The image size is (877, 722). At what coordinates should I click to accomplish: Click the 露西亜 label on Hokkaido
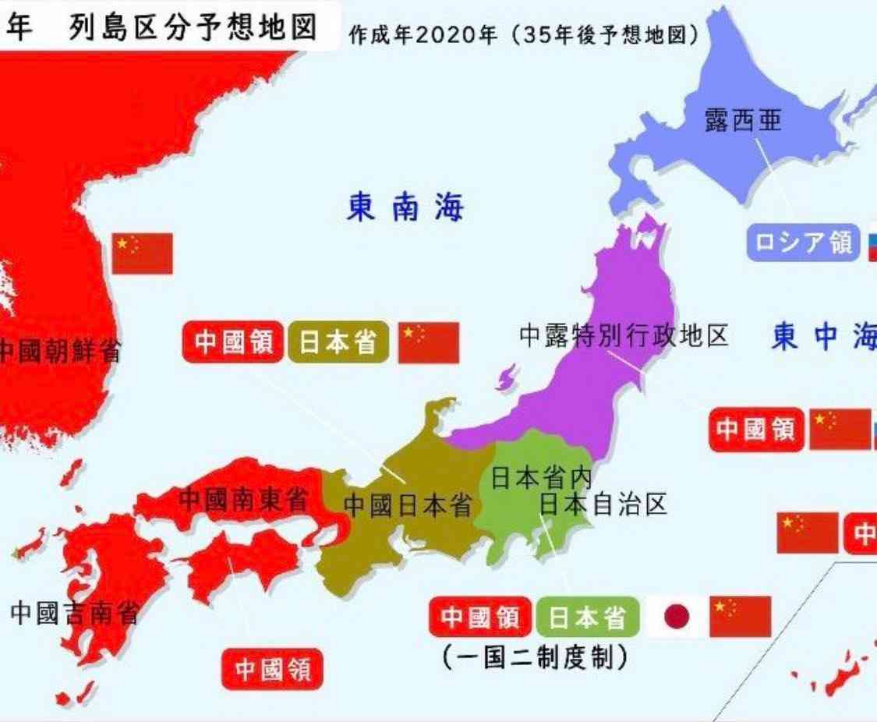(x=742, y=121)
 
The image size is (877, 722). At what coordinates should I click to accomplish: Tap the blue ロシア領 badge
(x=803, y=242)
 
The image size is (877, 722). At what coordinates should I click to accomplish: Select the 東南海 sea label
(x=405, y=208)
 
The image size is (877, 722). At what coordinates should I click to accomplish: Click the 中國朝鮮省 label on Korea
(x=59, y=351)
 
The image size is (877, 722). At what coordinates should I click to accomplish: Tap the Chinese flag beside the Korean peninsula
(x=142, y=253)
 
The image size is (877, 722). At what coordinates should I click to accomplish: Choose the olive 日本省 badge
(x=338, y=342)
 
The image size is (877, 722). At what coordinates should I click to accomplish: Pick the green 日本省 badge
(x=588, y=618)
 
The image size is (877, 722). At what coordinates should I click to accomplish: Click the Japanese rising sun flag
(x=677, y=618)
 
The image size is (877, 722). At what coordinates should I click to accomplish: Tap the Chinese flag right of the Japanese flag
(x=740, y=617)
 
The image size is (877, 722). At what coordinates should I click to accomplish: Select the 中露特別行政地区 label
(x=624, y=335)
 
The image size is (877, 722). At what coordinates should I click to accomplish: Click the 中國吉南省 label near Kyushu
(x=74, y=613)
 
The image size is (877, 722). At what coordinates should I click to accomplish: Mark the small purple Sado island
(x=506, y=379)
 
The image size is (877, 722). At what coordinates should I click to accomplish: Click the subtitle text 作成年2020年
(x=422, y=35)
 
